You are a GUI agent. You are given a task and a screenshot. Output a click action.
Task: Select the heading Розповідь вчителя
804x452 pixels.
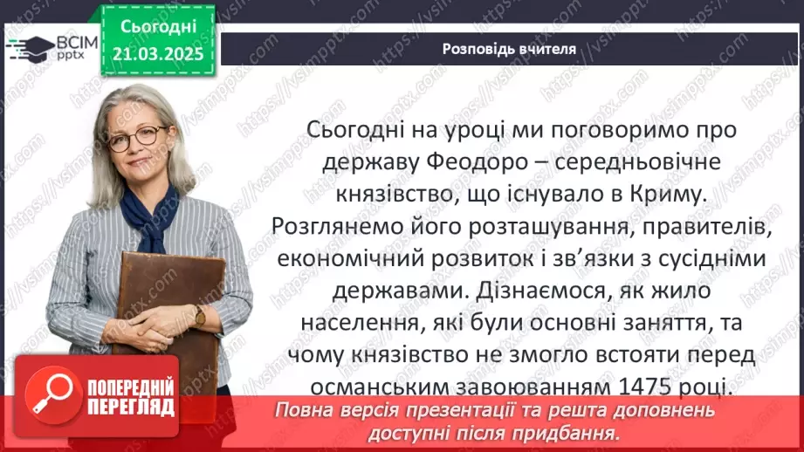tap(508, 49)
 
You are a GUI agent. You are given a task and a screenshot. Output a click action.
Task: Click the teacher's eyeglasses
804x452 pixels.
tap(138, 137)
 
